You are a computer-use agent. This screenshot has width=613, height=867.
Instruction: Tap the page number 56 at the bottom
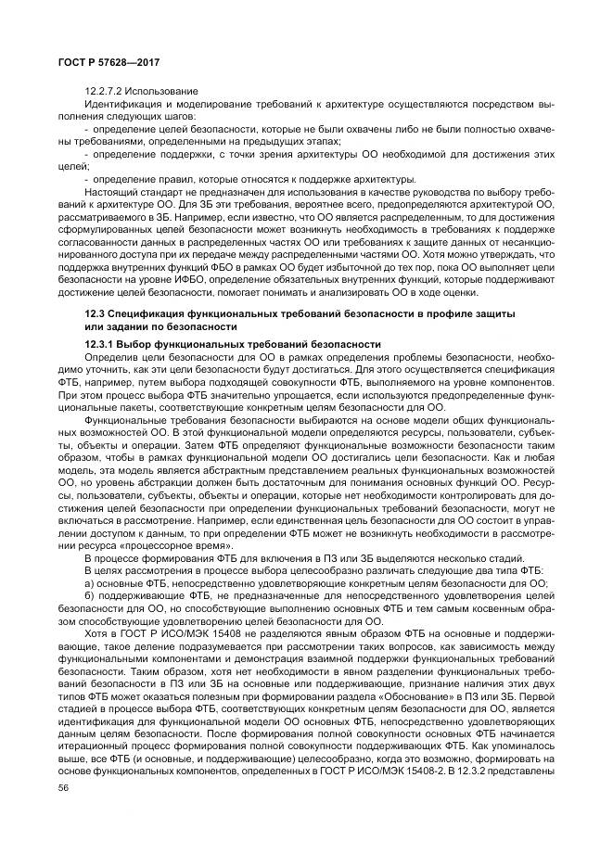point(63,786)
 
